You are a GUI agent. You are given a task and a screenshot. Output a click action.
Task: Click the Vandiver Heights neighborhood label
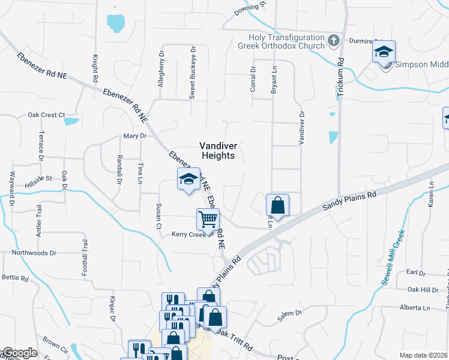pyautogui.click(x=218, y=151)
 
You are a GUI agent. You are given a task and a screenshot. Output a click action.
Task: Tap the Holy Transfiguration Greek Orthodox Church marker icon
pyautogui.click(x=335, y=41)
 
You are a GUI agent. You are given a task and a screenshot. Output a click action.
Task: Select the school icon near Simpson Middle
pyautogui.click(x=384, y=52)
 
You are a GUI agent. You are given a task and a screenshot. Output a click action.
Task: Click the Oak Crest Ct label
pyautogui.click(x=46, y=115)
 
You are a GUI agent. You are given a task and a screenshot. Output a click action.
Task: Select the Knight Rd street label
pyautogui.click(x=95, y=69)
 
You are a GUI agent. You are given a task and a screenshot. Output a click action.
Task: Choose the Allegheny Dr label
pyautogui.click(x=161, y=68)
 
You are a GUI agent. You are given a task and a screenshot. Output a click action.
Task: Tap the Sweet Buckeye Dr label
pyautogui.click(x=193, y=73)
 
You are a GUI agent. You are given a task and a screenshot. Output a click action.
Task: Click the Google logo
pyautogui.click(x=19, y=353)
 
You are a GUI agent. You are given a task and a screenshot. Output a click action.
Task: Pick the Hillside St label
pyautogui.click(x=39, y=178)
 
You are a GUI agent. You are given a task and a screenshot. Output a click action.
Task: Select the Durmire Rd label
pyautogui.click(x=361, y=41)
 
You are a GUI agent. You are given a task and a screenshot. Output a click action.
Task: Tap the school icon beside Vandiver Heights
pyautogui.click(x=188, y=179)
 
